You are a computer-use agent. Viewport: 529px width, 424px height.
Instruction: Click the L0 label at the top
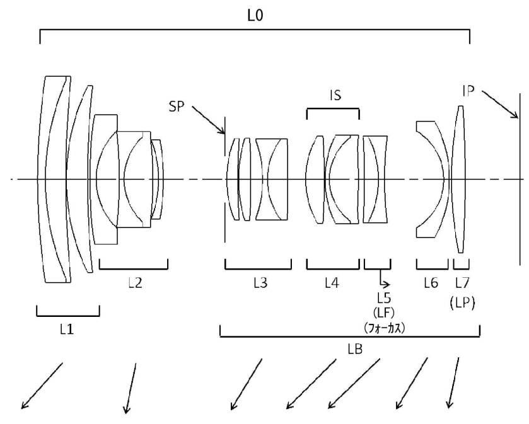(x=255, y=16)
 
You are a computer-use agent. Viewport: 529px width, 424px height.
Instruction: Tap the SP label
(x=177, y=107)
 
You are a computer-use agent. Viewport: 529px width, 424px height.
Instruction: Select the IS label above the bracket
(x=335, y=96)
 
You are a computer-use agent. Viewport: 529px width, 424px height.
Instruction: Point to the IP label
(x=468, y=91)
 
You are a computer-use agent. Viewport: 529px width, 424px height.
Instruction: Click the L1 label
(x=67, y=329)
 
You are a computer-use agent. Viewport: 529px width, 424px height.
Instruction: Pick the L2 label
(x=135, y=283)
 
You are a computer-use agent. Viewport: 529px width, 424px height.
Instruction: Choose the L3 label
(x=260, y=283)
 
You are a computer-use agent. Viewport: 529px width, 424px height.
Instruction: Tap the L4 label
(x=332, y=283)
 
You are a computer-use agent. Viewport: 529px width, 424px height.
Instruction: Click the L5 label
(x=384, y=297)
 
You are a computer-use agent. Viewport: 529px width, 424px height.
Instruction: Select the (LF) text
(x=384, y=312)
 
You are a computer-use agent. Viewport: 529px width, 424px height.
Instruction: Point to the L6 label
(x=431, y=283)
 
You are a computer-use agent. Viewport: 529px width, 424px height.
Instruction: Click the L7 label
(x=462, y=283)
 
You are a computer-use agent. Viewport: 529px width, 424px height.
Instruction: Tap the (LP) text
(x=462, y=303)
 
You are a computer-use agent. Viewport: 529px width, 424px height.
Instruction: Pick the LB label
(x=355, y=349)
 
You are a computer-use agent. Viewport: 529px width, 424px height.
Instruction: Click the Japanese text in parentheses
(x=384, y=328)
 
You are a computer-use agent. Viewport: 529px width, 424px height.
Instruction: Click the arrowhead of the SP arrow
(x=223, y=132)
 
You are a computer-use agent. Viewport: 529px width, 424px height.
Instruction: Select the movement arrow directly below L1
(x=42, y=386)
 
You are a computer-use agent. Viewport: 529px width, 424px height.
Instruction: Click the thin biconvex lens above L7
(x=460, y=180)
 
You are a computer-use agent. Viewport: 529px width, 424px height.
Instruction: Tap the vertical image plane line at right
(x=520, y=180)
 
